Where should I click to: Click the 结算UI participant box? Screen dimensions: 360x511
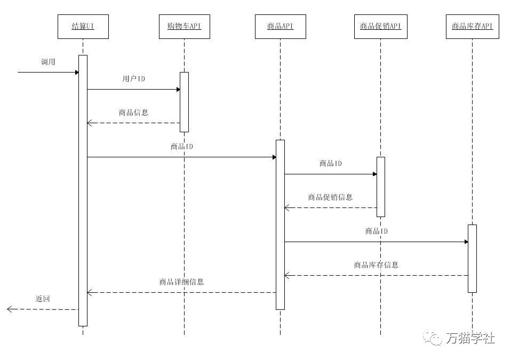pyautogui.click(x=83, y=26)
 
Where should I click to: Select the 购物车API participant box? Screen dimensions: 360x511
pyautogui.click(x=184, y=26)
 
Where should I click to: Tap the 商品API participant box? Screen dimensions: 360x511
pyautogui.click(x=280, y=26)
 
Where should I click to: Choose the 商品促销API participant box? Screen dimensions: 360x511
pyautogui.click(x=380, y=26)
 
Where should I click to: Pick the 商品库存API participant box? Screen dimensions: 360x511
pyautogui.click(x=472, y=26)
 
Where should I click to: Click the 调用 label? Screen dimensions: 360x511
pyautogui.click(x=48, y=62)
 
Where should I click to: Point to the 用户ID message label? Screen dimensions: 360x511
pyautogui.click(x=133, y=79)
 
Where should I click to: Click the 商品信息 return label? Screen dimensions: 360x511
pyautogui.click(x=133, y=113)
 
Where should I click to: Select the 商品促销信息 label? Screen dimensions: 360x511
pyautogui.click(x=330, y=197)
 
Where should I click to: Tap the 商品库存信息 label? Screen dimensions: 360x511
pyautogui.click(x=376, y=265)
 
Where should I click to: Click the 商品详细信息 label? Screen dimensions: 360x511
pyautogui.click(x=181, y=282)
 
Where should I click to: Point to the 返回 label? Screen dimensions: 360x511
pyautogui.click(x=43, y=299)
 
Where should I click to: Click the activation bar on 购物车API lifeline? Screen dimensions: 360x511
pyautogui.click(x=184, y=101)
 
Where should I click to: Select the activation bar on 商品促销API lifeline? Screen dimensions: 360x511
pyautogui.click(x=380, y=187)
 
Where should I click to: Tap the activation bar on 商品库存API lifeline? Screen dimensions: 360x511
pyautogui.click(x=472, y=259)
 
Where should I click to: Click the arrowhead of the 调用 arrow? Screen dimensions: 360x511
pyautogui.click(x=76, y=72)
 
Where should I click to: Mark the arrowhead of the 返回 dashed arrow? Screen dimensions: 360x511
pyautogui.click(x=10, y=309)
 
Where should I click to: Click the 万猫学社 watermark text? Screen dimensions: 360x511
pyautogui.click(x=470, y=338)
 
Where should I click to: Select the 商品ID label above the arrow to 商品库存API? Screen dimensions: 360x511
pyautogui.click(x=376, y=231)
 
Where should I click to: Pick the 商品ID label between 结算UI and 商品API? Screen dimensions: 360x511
pyautogui.click(x=181, y=147)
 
